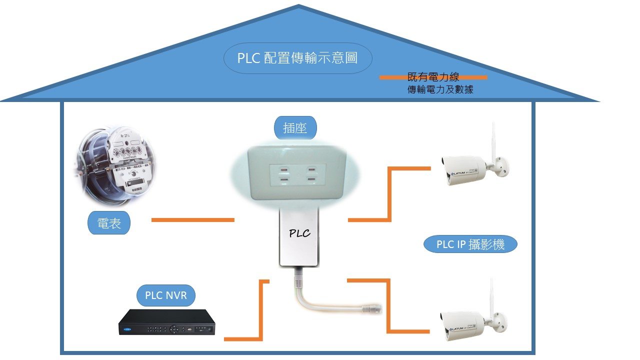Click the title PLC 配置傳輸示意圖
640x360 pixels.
tap(297, 58)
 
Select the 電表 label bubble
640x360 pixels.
tap(109, 223)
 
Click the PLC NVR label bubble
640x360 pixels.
tap(166, 295)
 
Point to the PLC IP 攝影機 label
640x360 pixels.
tap(470, 244)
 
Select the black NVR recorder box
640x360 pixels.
tap(167, 322)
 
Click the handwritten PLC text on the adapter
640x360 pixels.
tap(299, 233)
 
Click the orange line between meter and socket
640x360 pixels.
tap(192, 220)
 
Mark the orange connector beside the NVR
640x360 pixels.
tap(260, 310)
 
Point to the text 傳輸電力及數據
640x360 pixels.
tap(440, 90)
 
